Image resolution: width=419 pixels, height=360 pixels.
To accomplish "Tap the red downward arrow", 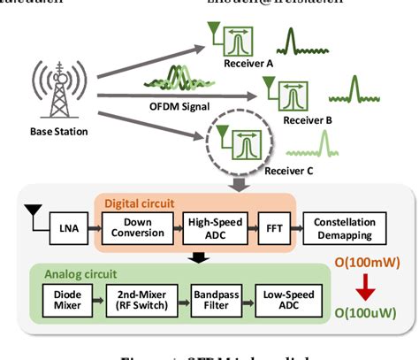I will [365, 285].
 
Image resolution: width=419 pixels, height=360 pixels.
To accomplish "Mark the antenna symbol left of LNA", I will [32, 213].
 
